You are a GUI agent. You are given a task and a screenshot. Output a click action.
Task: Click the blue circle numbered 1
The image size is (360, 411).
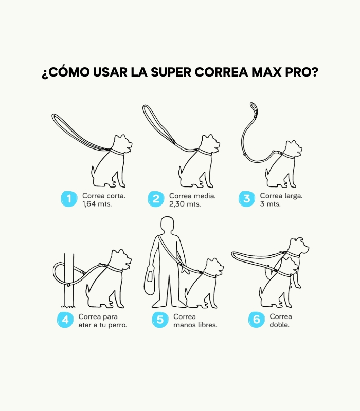(69, 199)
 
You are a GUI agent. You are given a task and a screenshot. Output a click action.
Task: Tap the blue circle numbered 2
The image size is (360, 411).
(156, 199)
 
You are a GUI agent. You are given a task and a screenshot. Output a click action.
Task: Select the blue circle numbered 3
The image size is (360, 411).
(247, 199)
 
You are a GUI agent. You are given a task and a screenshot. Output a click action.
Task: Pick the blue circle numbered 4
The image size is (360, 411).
(65, 320)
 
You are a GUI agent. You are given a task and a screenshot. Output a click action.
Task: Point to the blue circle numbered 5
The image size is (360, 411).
(160, 320)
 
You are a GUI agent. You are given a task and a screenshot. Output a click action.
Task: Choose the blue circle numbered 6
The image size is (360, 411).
(256, 319)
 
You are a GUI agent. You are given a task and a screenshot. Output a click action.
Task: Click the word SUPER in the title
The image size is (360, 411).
(171, 72)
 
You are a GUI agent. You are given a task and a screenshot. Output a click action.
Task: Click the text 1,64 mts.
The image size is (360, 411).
(97, 204)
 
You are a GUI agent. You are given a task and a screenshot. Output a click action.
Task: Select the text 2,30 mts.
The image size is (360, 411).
(185, 204)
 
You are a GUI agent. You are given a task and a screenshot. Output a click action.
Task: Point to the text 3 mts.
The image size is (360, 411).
(271, 204)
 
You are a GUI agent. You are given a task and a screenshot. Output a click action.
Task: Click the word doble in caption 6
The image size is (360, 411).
(279, 325)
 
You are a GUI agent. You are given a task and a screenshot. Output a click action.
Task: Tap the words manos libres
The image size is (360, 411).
(195, 325)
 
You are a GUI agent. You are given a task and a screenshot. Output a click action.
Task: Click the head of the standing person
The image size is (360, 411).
(167, 225)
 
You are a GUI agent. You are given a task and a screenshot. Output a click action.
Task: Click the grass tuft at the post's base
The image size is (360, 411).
(68, 306)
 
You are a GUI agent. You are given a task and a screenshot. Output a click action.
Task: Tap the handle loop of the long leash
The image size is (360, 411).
(254, 109)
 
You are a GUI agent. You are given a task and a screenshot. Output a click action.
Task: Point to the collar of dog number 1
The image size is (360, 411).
(117, 152)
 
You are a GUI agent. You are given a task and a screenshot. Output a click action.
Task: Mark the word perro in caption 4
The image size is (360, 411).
(118, 325)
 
